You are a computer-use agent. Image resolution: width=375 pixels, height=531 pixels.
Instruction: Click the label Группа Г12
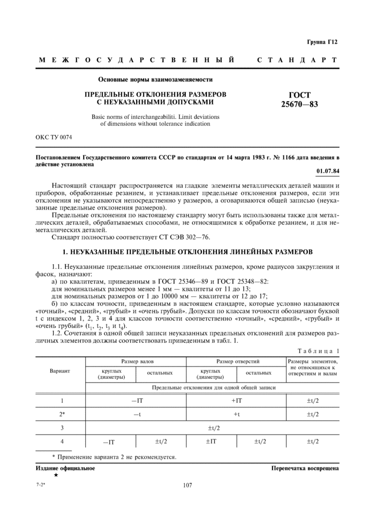click(x=322, y=42)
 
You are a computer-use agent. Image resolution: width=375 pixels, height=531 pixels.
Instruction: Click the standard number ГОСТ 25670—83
click(x=299, y=100)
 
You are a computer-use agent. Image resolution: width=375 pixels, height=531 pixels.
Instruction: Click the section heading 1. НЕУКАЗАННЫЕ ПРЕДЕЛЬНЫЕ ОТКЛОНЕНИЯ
click(x=187, y=251)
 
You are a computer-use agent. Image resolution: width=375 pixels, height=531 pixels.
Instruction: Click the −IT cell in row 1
click(x=136, y=400)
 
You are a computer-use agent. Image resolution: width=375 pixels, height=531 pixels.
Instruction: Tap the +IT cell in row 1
click(x=236, y=400)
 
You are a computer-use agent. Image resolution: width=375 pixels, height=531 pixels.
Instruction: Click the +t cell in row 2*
click(x=236, y=414)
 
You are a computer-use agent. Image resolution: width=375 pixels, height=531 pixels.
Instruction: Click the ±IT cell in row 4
click(x=211, y=442)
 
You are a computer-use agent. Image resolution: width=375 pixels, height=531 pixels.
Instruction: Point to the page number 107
click(x=187, y=485)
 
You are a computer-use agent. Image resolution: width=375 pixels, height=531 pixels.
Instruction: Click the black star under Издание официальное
click(x=56, y=475)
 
